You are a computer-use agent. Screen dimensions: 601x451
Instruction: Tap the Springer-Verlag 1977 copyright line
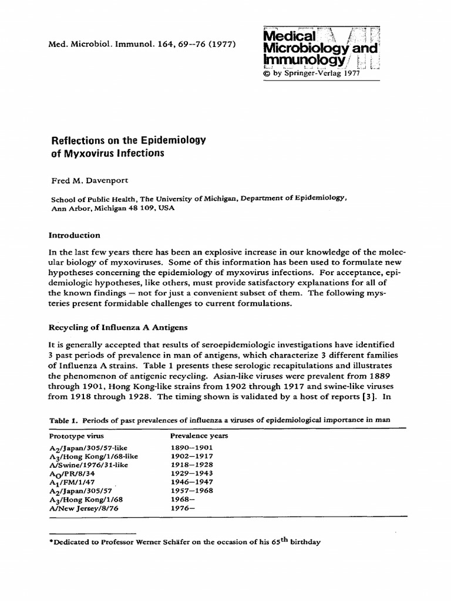(314, 74)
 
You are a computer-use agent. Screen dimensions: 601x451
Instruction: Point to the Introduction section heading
(74, 235)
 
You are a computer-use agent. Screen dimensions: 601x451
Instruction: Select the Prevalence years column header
(199, 436)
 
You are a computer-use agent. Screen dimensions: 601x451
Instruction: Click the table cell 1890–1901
(191, 447)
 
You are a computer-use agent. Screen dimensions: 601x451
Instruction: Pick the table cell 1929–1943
(191, 473)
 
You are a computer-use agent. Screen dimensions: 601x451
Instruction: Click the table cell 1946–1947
(191, 482)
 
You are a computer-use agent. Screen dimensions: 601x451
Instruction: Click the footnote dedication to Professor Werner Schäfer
(185, 542)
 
